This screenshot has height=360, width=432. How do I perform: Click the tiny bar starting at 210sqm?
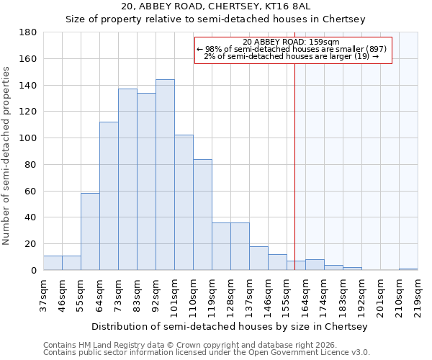(x=408, y=269)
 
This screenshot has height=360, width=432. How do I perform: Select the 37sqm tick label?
(x=44, y=293)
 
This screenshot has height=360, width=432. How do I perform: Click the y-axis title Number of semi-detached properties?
(x=6, y=156)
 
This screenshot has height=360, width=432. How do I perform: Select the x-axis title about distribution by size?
(x=230, y=326)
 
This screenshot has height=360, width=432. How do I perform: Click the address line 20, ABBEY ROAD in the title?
(x=215, y=6)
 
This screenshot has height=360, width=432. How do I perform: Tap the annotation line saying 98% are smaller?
(x=292, y=49)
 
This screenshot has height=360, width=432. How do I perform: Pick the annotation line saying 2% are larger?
(x=292, y=56)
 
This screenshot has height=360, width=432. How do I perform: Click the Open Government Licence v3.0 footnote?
(x=207, y=352)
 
